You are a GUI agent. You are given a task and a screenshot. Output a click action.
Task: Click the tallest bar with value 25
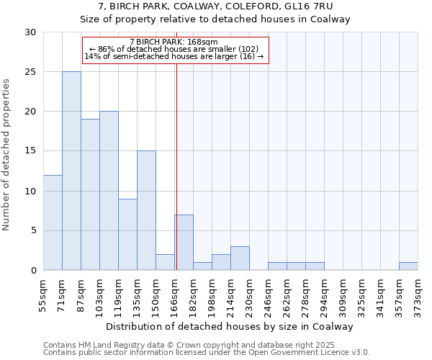point(71,171)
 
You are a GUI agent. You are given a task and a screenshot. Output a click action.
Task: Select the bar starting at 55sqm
point(53,222)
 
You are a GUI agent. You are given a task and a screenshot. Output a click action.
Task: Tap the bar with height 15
point(146,210)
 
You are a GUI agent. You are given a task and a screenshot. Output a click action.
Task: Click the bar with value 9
point(127,234)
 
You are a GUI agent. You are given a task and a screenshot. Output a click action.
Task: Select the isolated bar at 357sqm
point(408,266)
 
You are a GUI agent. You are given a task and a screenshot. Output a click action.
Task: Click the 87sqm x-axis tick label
point(81,296)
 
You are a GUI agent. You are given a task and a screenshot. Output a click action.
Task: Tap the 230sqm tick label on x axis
point(250,296)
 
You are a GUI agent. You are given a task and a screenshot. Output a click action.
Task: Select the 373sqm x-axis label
point(418,296)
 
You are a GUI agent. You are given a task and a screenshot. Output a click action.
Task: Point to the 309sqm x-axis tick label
point(343,296)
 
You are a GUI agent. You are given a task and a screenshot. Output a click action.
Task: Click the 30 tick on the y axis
point(30,32)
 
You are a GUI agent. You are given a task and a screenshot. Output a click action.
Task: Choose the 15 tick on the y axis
point(30,151)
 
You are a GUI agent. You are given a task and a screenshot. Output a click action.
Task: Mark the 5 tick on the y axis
point(33,230)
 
